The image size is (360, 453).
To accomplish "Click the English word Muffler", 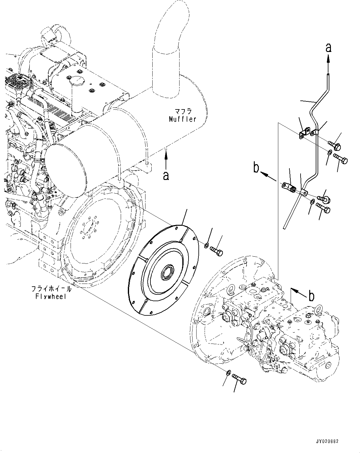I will coord(182,119).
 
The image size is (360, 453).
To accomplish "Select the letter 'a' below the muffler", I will coord(166,176).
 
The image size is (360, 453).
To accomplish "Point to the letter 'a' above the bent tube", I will coord(328,48).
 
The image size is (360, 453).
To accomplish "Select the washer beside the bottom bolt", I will coord(228,372).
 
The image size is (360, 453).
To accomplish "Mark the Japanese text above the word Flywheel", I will coord(51,289).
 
